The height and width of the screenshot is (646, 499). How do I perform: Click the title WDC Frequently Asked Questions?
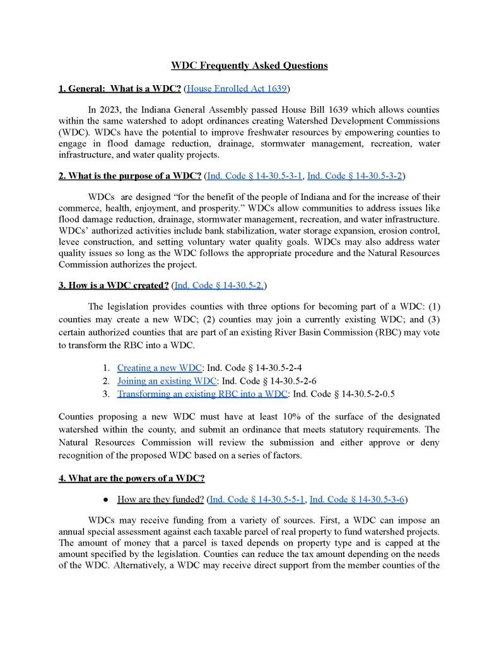pyautogui.click(x=249, y=66)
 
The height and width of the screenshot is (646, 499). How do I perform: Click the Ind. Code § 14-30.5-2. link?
pyautogui.click(x=219, y=285)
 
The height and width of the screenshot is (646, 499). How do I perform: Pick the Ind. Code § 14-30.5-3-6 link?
pyautogui.click(x=356, y=499)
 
